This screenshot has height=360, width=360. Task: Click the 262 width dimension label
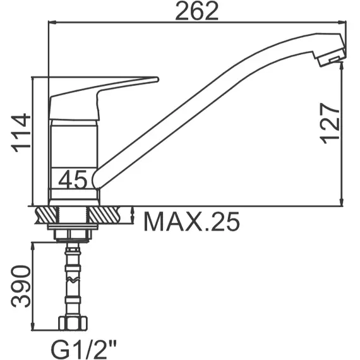tap(197, 11)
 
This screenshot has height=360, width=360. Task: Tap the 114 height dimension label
tap(21, 133)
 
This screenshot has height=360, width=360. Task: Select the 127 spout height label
tap(330, 124)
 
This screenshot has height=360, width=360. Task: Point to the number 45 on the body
tap(73, 179)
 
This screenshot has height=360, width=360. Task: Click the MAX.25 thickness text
tap(192, 222)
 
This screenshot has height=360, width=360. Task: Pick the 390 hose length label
tap(21, 286)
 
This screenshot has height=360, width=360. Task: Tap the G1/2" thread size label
tap(83, 350)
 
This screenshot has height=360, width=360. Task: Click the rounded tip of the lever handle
tap(157, 80)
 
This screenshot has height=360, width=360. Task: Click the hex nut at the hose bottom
tap(73, 323)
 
